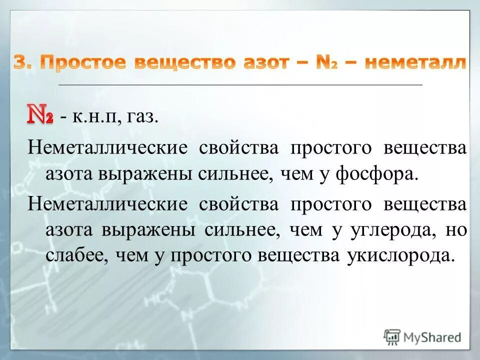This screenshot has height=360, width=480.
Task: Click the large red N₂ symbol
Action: pyautogui.click(x=40, y=114)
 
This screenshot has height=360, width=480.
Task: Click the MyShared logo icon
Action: pyautogui.click(x=392, y=336)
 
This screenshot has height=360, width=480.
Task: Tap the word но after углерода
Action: pyautogui.click(x=458, y=230)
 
